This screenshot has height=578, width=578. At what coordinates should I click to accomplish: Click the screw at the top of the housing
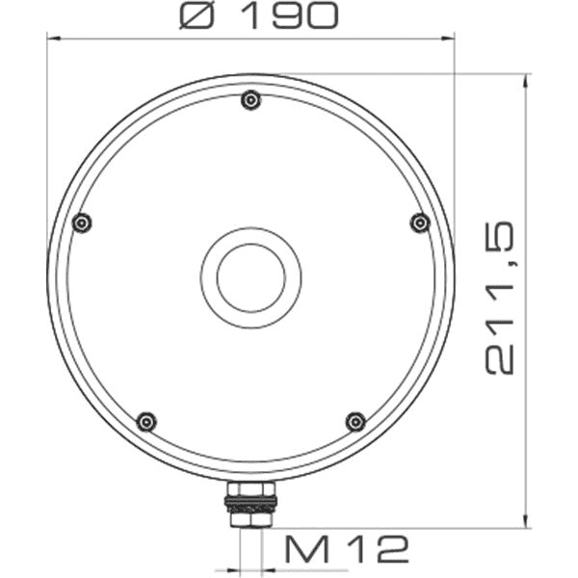click(251, 99)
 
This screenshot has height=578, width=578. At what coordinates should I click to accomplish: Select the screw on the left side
click(83, 223)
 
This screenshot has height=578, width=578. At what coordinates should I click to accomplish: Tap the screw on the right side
click(419, 223)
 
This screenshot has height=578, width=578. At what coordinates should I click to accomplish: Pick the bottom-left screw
click(146, 421)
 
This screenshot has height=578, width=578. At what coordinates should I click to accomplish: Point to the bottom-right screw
click(355, 421)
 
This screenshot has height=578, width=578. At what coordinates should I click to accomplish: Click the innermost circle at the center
click(251, 277)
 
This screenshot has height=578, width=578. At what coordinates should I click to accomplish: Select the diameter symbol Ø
click(200, 14)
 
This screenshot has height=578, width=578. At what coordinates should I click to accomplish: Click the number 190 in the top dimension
click(289, 14)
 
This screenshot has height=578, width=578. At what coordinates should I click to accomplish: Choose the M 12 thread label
click(347, 549)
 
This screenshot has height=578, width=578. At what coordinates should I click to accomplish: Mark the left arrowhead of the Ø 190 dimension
click(53, 39)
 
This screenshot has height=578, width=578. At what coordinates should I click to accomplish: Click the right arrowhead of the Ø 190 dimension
click(448, 39)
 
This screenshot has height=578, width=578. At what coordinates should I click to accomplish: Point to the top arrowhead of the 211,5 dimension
click(525, 80)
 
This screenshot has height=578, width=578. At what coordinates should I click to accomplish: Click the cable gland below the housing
click(250, 505)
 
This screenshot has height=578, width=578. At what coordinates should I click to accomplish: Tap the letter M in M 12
click(304, 549)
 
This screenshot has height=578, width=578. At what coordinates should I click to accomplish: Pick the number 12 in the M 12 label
click(378, 549)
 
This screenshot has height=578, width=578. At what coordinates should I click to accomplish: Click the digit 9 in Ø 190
click(288, 14)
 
